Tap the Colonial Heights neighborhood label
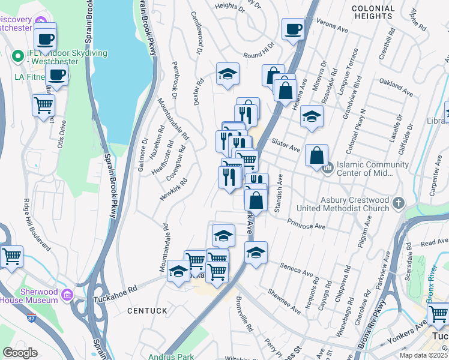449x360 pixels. click(373, 13)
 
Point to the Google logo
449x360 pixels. click(20, 353)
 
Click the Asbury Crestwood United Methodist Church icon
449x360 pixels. click(398, 204)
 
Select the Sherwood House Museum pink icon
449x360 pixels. click(67, 295)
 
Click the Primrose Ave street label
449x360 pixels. click(306, 224)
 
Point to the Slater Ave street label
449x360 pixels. click(286, 145)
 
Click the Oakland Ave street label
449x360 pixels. click(396, 88)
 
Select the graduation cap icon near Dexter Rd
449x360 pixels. click(228, 74)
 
